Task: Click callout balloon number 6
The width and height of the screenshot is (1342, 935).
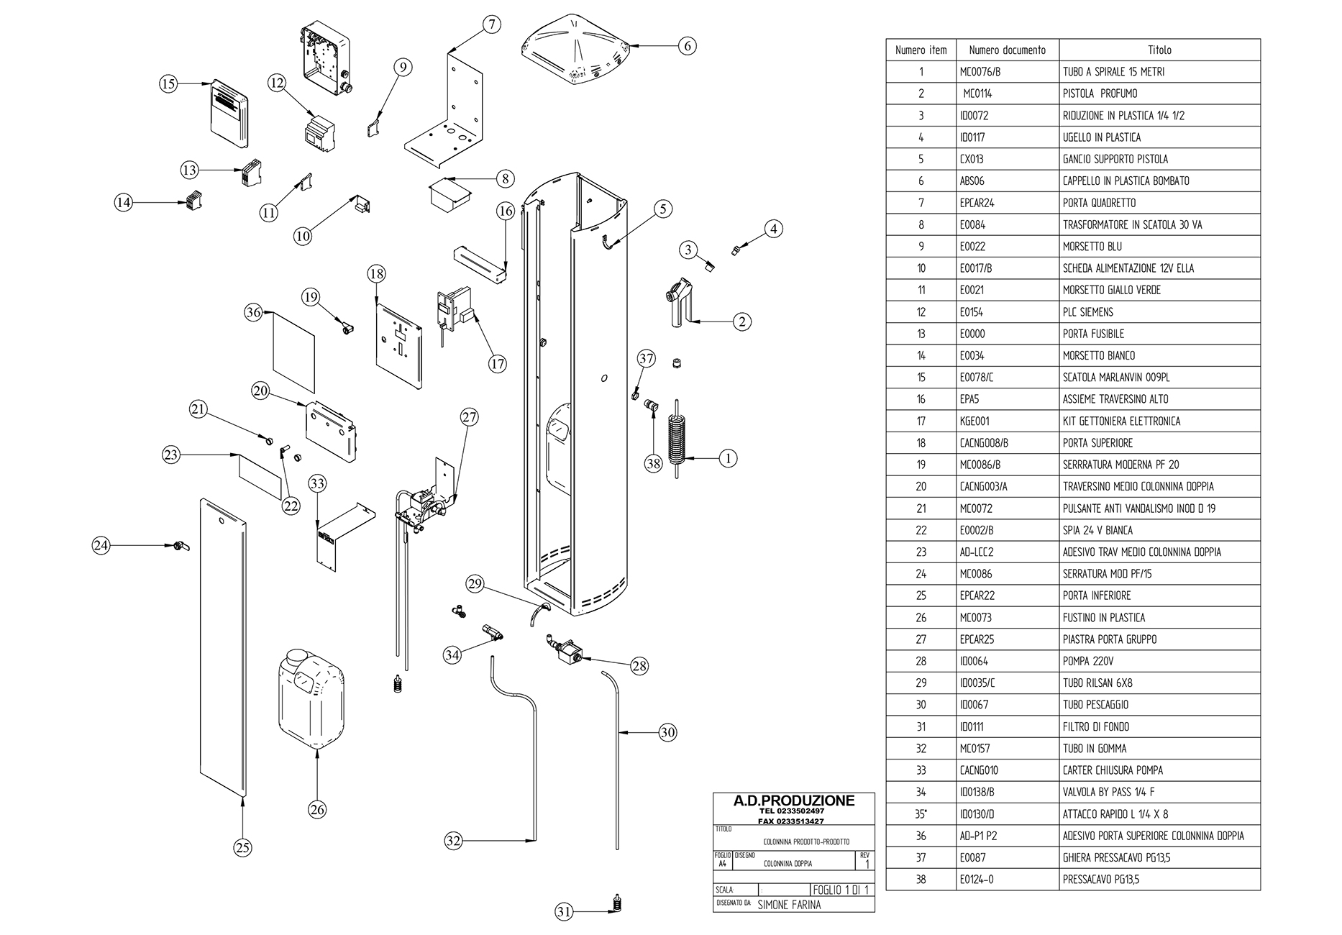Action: [x=687, y=46]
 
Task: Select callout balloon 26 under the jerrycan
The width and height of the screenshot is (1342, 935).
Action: [x=317, y=810]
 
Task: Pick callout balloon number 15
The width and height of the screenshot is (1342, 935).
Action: [x=168, y=84]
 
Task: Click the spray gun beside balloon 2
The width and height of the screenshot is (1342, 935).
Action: [x=679, y=303]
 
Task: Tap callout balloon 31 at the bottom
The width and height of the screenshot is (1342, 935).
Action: [x=565, y=912]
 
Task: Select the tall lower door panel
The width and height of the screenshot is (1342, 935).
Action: [x=223, y=647]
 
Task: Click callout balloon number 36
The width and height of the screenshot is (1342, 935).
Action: [x=253, y=313]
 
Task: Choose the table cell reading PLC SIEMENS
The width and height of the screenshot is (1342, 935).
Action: [x=1088, y=312]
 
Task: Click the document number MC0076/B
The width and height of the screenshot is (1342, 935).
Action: [x=980, y=72]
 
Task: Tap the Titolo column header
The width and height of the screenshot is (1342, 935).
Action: [x=1159, y=50]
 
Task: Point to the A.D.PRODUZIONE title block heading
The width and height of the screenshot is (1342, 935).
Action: [x=793, y=801]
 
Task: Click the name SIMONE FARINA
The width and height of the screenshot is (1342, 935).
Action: [x=789, y=905]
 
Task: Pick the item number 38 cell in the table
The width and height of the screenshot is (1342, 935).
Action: [x=921, y=879]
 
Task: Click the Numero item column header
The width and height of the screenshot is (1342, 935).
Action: [x=921, y=50]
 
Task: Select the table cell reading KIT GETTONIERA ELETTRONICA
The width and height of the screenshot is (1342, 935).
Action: [x=1121, y=421]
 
